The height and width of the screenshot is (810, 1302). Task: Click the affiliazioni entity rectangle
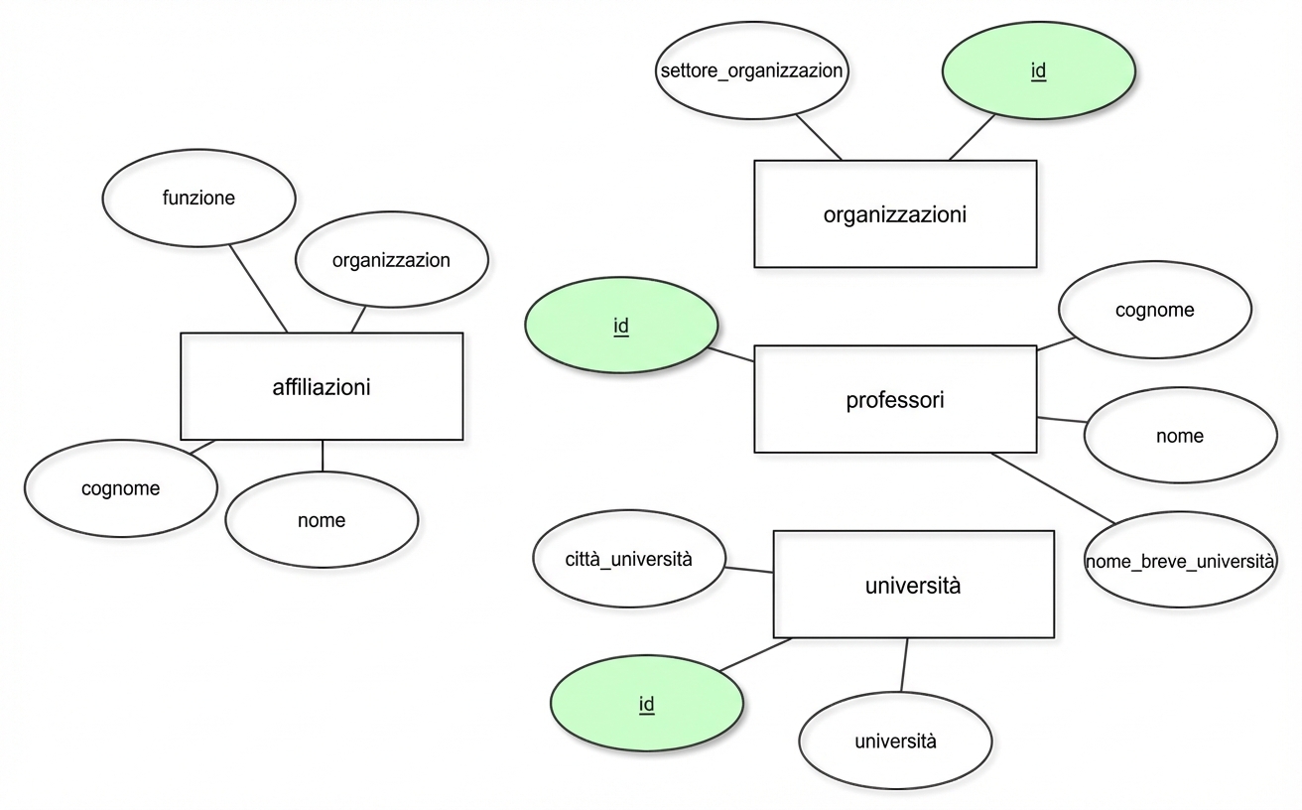pyautogui.click(x=322, y=386)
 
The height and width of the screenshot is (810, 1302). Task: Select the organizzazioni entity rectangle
pyautogui.click(x=895, y=214)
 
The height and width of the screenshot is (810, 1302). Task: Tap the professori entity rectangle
pyautogui.click(x=895, y=399)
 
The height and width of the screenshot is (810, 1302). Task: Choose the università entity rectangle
pyautogui.click(x=914, y=585)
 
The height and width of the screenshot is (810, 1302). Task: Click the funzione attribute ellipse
pyautogui.click(x=198, y=199)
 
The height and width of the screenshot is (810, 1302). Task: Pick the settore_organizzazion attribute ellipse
pyautogui.click(x=751, y=70)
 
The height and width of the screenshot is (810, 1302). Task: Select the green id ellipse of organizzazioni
pyautogui.click(x=1039, y=70)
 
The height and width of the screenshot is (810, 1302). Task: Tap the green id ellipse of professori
pyautogui.click(x=621, y=325)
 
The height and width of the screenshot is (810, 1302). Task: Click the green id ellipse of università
pyautogui.click(x=647, y=703)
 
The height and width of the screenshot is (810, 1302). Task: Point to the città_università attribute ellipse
pyautogui.click(x=629, y=559)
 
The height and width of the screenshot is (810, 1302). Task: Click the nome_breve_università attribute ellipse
pyautogui.click(x=1180, y=560)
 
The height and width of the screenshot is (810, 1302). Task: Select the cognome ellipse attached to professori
pyautogui.click(x=1155, y=310)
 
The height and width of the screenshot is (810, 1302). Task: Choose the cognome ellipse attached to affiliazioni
pyautogui.click(x=121, y=488)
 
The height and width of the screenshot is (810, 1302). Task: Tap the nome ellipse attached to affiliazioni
pyautogui.click(x=322, y=520)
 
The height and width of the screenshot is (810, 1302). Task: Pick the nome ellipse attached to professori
pyautogui.click(x=1180, y=436)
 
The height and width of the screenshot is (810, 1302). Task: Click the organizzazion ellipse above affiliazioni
pyautogui.click(x=392, y=259)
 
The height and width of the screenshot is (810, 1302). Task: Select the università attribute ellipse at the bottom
pyautogui.click(x=896, y=741)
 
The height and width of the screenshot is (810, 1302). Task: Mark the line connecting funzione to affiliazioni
pyautogui.click(x=258, y=289)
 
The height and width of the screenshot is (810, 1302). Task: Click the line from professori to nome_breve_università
pyautogui.click(x=1053, y=488)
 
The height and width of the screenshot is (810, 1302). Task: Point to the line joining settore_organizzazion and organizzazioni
pyautogui.click(x=819, y=137)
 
